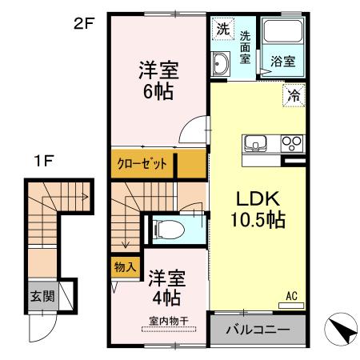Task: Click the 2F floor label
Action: (84, 23)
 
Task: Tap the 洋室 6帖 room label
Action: (157, 79)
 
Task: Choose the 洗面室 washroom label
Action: (245, 48)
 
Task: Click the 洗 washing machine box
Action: (222, 29)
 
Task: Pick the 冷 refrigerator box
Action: (294, 96)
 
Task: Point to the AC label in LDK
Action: (293, 296)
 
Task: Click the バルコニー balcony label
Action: (258, 330)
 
